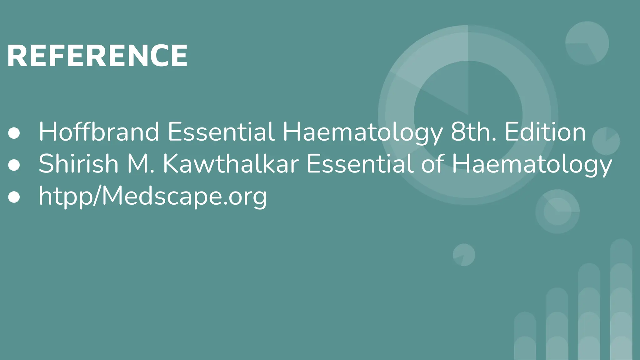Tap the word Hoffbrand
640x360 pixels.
tap(99, 132)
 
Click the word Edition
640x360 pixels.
tap(545, 132)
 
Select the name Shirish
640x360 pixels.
tap(78, 164)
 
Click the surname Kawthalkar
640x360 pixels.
tap(231, 164)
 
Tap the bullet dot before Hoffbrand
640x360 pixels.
tap(14, 133)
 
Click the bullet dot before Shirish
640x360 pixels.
tap(14, 165)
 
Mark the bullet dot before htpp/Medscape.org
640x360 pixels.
tap(14, 197)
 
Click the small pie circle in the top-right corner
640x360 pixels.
tap(587, 43)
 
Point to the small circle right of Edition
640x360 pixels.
tap(606, 141)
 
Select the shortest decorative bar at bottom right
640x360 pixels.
tap(525, 336)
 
